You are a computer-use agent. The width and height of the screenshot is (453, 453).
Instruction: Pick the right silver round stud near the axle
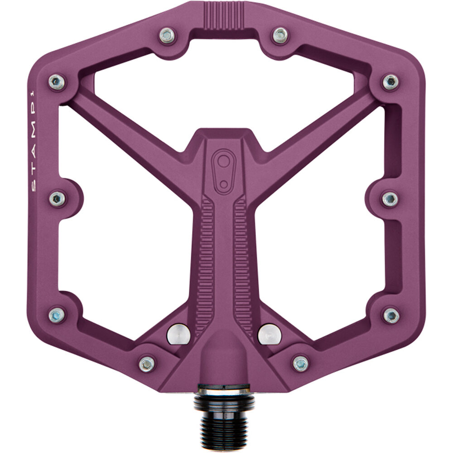pos(269,334)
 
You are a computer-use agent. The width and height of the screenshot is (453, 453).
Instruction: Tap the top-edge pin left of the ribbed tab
pos(167,35)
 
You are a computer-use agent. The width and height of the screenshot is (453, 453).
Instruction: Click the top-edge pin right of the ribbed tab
pos(280,35)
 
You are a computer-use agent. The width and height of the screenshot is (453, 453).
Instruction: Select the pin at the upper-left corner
pos(57,82)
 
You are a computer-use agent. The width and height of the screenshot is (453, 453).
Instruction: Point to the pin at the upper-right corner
pos(390,82)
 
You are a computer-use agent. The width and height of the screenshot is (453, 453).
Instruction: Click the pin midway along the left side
pos(57,198)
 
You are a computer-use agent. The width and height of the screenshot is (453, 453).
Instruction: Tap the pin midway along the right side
pos(390,198)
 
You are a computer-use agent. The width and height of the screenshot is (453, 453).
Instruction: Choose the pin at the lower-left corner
pos(57,315)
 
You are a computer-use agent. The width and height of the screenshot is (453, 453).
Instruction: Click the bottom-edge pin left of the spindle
pos(147,364)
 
